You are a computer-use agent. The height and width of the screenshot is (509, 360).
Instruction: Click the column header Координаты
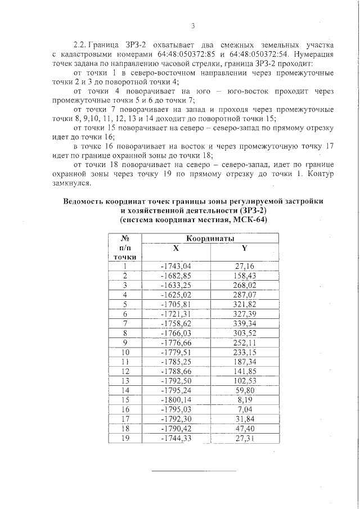(x=210, y=238)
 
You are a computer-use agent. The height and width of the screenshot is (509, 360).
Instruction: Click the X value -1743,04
(x=176, y=267)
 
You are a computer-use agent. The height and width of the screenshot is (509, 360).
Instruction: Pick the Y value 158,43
(x=244, y=276)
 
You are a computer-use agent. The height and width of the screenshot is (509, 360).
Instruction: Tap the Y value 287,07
(x=244, y=295)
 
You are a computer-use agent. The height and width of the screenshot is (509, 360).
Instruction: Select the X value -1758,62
(x=176, y=323)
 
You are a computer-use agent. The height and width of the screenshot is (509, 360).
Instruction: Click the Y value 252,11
(x=244, y=343)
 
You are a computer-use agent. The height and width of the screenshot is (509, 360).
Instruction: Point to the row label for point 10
(x=125, y=352)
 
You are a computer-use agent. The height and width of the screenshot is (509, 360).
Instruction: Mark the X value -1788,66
(x=176, y=371)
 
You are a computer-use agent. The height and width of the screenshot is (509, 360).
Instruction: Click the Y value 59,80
(x=244, y=390)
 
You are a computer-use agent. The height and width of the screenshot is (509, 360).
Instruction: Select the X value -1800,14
(x=176, y=400)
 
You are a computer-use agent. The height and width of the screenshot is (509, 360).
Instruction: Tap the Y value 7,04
(x=244, y=409)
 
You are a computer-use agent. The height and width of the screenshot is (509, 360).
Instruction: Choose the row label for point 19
(x=125, y=438)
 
